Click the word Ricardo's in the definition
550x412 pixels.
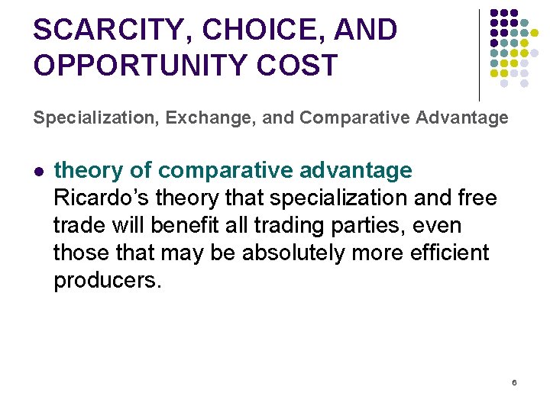pos(104,198)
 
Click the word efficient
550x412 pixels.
pos(451,253)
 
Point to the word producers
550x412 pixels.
pos(108,281)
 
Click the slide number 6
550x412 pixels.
pos(514,381)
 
